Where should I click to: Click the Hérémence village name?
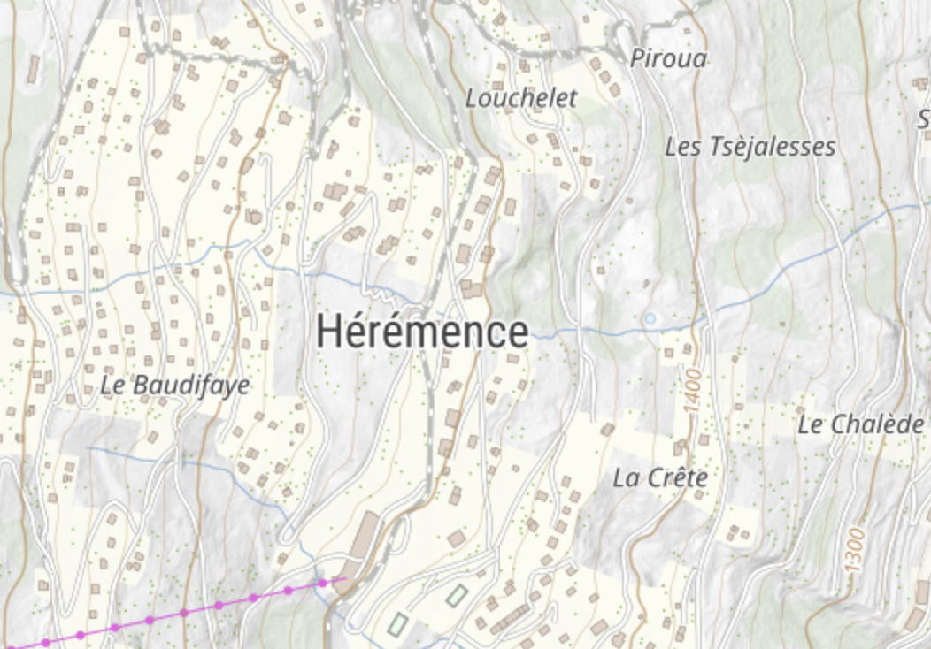coord(422,332)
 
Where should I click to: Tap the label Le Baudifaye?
coord(174,386)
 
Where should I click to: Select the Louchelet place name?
coord(520,98)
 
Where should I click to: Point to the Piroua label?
coord(668,59)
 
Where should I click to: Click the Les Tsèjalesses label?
coord(750,147)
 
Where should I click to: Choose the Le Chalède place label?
coord(860,424)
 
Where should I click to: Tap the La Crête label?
coord(660,478)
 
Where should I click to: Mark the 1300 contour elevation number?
coord(855,549)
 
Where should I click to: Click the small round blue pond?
coord(650,318)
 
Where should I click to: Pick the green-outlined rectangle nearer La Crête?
coord(456,596)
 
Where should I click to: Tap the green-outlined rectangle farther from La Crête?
coord(397,624)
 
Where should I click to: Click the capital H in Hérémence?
coord(328,332)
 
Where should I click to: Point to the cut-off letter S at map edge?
coord(924,119)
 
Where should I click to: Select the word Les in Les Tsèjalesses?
coord(682,147)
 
